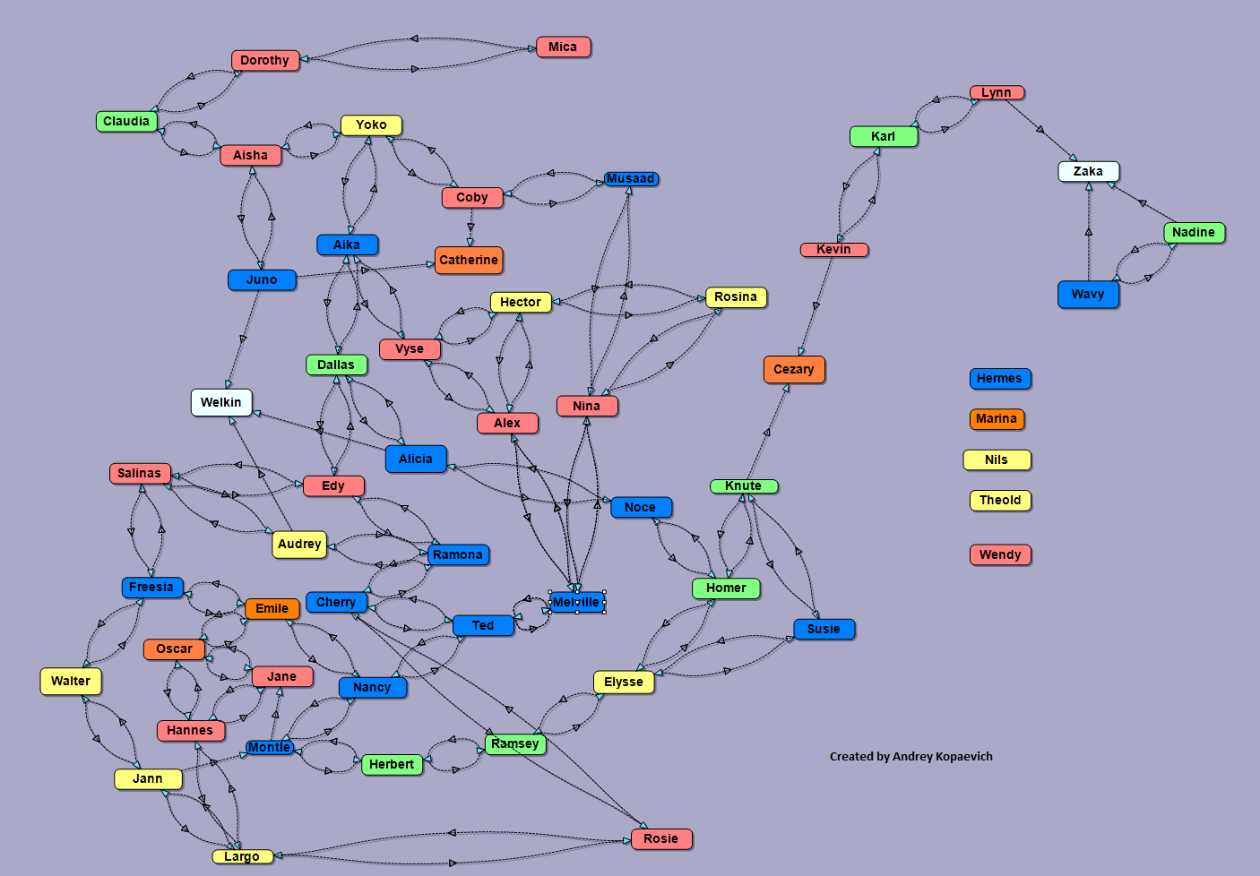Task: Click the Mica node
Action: click(x=563, y=47)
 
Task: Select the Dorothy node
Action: click(x=264, y=60)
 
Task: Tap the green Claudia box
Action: click(x=126, y=121)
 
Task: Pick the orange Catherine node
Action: click(x=468, y=260)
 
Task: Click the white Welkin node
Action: click(x=220, y=402)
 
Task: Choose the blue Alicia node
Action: click(x=415, y=459)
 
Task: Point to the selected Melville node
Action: click(x=576, y=602)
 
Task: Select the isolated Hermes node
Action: click(x=999, y=378)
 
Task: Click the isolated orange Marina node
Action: click(x=997, y=418)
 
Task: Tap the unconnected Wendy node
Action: click(x=1000, y=554)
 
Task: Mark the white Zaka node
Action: click(x=1088, y=171)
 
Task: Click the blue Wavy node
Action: click(x=1088, y=294)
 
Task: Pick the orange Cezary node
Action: click(x=793, y=369)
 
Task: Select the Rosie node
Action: click(x=660, y=838)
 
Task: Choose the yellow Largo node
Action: click(x=242, y=856)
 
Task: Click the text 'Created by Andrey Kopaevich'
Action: click(x=910, y=756)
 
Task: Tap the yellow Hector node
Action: click(x=520, y=302)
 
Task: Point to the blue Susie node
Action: click(x=824, y=629)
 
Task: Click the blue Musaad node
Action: click(x=630, y=178)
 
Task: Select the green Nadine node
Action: click(x=1193, y=232)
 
